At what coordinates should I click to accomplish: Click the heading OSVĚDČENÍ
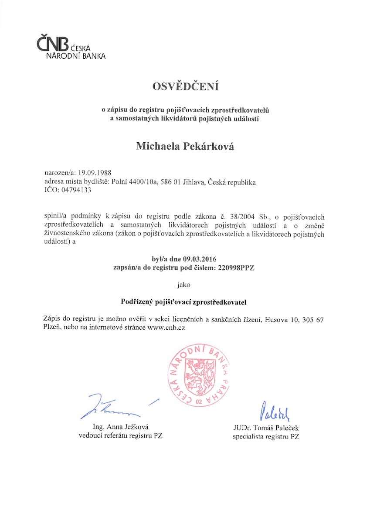tap(185, 87)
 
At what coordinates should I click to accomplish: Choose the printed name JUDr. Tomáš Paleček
tap(266, 428)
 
